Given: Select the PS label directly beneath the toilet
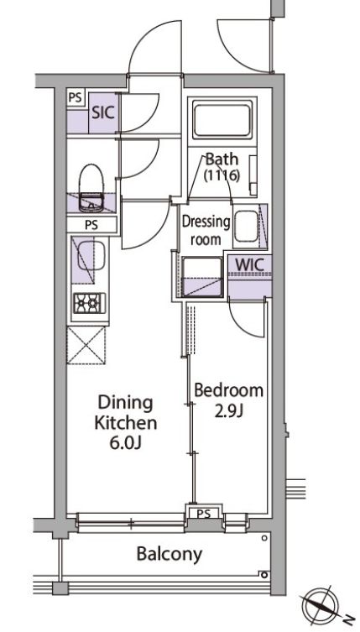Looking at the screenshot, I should pos(91,224).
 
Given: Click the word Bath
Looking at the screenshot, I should pos(222,159).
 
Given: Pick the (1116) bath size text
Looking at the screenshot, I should pos(222,176).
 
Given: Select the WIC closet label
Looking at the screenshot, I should pos(248,264).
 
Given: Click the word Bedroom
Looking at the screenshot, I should pos(229,390).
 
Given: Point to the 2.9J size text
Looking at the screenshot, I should pos(228,411).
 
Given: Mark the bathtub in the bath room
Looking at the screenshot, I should pos(222,121).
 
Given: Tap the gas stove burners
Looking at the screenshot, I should pos(87,303).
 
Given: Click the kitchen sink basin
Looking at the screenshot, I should pos(88,259).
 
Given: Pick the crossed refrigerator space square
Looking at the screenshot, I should pos(86,344).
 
